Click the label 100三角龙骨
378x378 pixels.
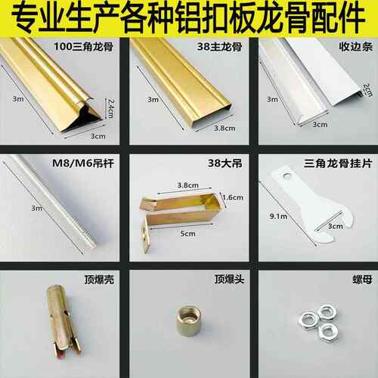83,47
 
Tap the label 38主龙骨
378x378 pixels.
219,47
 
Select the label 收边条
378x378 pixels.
355,47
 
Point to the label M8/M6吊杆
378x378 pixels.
83,163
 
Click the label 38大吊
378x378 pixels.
225,163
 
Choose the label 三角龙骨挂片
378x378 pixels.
338,163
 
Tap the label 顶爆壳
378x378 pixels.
99,280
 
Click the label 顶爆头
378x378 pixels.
229,279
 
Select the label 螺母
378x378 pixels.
362,280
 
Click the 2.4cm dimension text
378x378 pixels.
110,109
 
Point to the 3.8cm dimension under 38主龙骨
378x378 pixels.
225,129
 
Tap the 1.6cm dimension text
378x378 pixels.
233,197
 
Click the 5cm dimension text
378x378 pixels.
187,234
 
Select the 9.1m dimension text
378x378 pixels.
278,216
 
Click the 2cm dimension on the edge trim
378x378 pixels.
367,90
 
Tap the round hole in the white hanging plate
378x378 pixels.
287,175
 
